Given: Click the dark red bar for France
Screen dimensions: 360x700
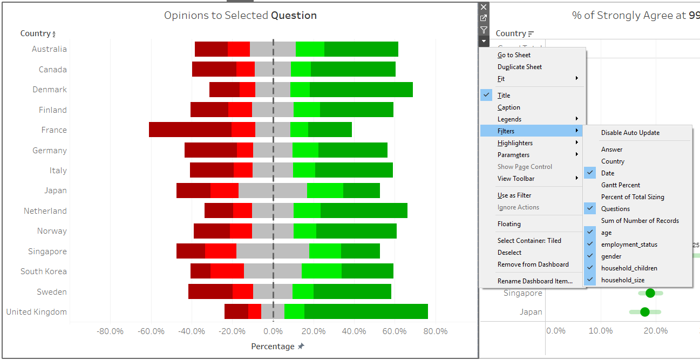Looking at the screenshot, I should (190, 130).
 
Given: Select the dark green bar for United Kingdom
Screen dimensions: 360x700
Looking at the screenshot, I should (366, 311).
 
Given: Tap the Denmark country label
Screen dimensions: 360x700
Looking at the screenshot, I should (50, 90).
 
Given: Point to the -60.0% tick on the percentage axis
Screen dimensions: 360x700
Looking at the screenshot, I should (151, 331).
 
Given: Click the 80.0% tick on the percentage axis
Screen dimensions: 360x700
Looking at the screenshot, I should (435, 331).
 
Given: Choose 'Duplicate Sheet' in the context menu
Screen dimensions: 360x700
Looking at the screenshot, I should (519, 67).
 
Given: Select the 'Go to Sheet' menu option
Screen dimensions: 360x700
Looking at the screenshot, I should (514, 55).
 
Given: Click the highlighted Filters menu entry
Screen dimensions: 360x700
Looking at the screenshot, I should (506, 131).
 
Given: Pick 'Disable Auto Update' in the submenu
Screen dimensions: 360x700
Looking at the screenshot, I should (630, 133).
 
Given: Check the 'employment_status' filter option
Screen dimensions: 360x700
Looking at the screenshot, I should (629, 244).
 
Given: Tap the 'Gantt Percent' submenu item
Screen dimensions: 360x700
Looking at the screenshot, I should (621, 185).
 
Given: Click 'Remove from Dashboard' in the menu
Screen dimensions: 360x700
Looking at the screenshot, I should (533, 264).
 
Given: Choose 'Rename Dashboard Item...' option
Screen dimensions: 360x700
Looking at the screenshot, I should (535, 281).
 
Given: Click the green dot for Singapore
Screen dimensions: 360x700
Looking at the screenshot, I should (650, 293).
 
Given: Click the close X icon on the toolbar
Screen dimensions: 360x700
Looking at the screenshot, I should (484, 7).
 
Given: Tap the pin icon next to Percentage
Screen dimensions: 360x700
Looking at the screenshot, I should (301, 347).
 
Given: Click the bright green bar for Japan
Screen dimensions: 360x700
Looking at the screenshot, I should (325, 191).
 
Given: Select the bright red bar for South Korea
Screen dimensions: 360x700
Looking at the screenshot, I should (227, 271).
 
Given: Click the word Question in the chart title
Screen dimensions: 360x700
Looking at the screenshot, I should (294, 16).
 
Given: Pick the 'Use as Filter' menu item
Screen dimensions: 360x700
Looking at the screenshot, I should (514, 195).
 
